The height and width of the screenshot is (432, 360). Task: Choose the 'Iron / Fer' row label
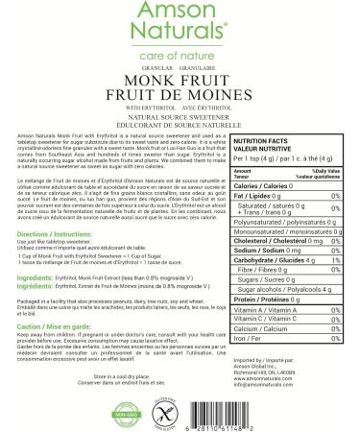245,309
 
